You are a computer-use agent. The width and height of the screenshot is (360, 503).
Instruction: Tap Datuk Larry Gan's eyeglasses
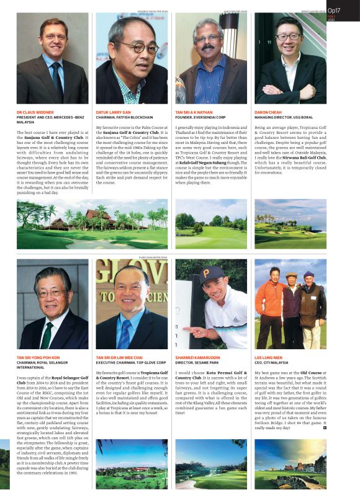138,47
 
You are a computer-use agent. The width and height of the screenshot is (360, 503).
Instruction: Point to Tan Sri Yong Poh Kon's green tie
47,335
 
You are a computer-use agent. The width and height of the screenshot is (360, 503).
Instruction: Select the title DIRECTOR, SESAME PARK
199,363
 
